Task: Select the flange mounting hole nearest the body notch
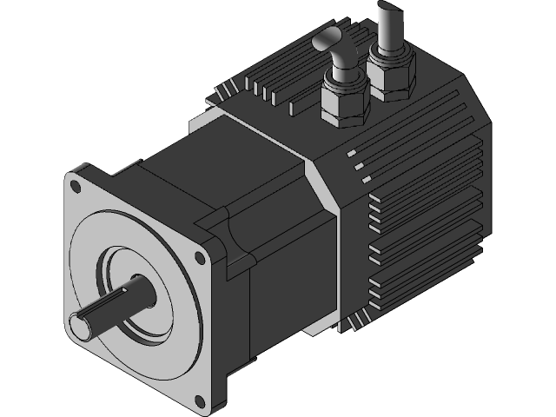click(x=201, y=257)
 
